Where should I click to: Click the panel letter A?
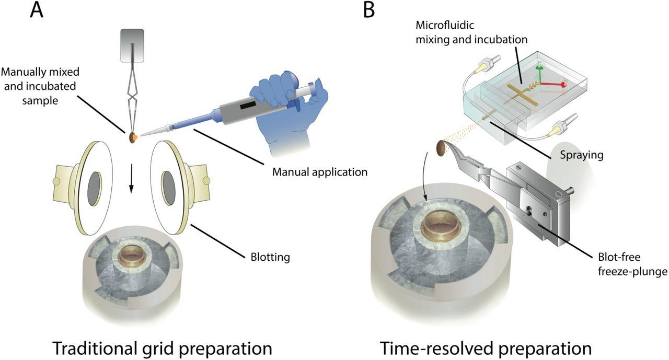pyautogui.click(x=37, y=10)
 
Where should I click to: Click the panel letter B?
pyautogui.click(x=369, y=10)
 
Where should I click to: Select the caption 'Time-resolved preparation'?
pyautogui.click(x=486, y=347)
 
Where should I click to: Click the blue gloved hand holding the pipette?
pyautogui.click(x=287, y=115)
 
